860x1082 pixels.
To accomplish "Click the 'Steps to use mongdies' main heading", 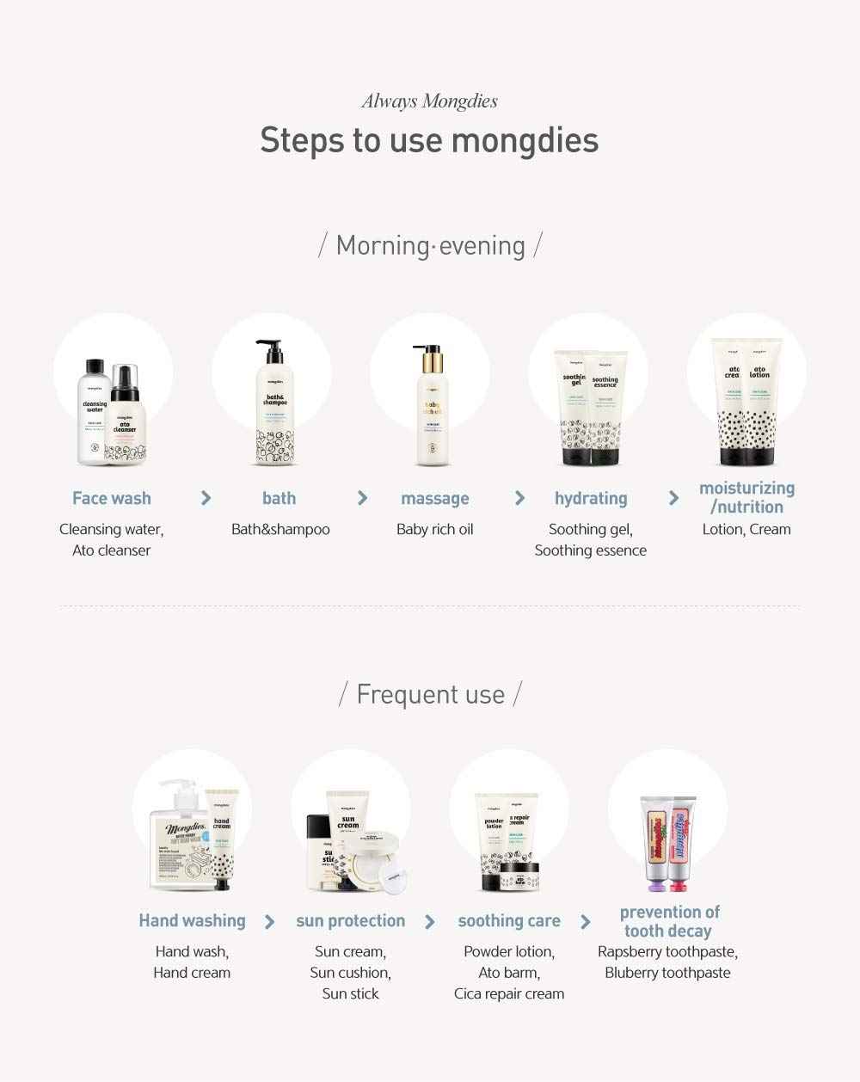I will tap(429, 140).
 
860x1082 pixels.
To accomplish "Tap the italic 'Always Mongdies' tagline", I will tap(429, 101).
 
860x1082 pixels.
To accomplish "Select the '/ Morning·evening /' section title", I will tap(430, 246).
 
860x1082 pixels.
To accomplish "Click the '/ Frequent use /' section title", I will tap(430, 694).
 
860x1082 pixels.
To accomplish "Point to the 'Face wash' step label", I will tap(112, 499).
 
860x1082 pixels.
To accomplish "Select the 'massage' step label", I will tap(435, 499).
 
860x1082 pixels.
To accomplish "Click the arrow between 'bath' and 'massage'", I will tap(362, 498).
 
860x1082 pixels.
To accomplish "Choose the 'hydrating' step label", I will tap(591, 499).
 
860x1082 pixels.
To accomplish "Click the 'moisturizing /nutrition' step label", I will tap(746, 498).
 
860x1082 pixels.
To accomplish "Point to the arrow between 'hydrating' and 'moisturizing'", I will tap(673, 498).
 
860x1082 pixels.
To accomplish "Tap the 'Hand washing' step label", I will tap(192, 921).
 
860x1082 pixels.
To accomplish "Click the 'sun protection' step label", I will tap(350, 921).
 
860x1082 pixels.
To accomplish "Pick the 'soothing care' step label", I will tap(509, 921).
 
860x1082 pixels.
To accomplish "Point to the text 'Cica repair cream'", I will tap(509, 994).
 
